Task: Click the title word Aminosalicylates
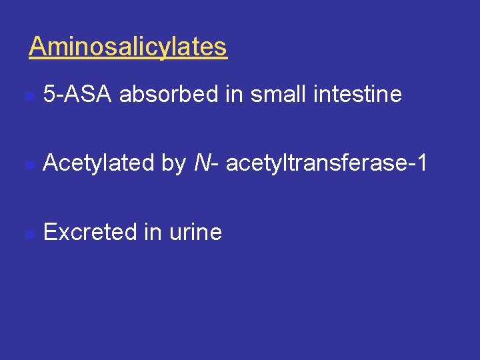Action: coord(128,47)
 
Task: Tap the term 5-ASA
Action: coord(77,95)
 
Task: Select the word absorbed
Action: coord(169,95)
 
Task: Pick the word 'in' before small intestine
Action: coord(233,95)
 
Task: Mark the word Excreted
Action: coord(90,232)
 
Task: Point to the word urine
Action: coord(195,233)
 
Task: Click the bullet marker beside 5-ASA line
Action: coord(29,97)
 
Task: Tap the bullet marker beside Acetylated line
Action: coord(29,165)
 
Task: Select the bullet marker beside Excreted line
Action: coord(29,234)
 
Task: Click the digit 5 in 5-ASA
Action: coord(49,95)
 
